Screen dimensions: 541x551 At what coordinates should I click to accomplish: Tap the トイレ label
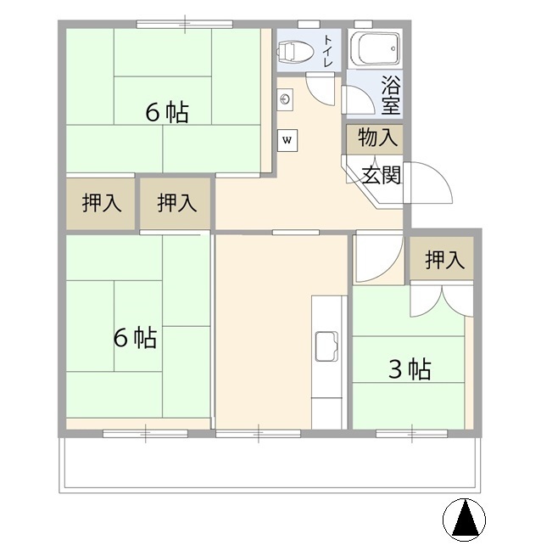point(327,51)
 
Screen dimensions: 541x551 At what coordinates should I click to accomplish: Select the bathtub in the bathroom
point(374,48)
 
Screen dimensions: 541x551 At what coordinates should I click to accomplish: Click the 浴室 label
point(391,95)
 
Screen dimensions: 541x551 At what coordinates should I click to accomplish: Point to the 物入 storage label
point(377,137)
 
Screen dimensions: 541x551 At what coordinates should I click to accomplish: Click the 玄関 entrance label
point(382,175)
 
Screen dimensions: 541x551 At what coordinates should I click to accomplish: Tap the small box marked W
point(287,140)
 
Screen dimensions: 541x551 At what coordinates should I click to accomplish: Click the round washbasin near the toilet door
point(285,99)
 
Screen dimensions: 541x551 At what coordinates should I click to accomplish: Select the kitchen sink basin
point(326,346)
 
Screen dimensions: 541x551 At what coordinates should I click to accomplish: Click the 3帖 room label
point(410,369)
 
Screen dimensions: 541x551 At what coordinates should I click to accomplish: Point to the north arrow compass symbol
point(464,520)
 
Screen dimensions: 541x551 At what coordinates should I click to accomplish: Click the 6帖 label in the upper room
point(167,112)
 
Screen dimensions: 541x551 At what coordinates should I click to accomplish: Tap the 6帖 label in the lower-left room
point(135,338)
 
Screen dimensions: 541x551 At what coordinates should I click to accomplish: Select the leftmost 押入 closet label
point(102,203)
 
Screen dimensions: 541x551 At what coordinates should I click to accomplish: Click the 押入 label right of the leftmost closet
point(177,203)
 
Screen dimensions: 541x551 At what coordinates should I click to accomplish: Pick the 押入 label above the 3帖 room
point(445,260)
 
